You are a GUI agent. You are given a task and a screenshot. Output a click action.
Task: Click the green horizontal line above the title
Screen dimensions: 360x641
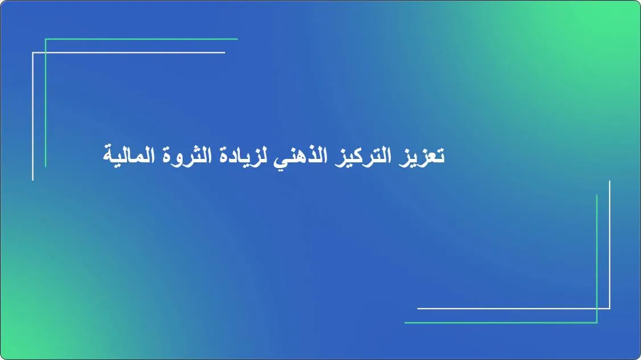142,39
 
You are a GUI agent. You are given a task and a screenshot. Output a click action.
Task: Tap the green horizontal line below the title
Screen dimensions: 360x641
501,322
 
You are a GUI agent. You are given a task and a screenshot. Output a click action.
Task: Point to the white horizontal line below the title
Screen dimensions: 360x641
513,309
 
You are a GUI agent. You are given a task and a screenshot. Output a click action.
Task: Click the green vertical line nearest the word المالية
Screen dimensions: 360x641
46,114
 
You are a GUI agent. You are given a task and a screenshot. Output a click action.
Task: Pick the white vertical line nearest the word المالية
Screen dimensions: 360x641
33,125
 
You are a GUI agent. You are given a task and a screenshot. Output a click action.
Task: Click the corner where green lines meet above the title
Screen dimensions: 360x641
46,39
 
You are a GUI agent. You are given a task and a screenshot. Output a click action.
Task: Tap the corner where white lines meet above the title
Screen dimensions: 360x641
33,52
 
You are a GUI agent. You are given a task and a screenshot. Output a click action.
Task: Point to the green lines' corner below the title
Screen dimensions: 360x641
597,322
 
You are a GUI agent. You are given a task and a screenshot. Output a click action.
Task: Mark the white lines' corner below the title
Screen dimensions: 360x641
610,309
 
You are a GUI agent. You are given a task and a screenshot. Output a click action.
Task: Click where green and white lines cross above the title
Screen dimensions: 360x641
46,52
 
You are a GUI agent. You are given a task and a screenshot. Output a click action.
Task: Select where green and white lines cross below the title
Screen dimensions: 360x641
597,309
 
